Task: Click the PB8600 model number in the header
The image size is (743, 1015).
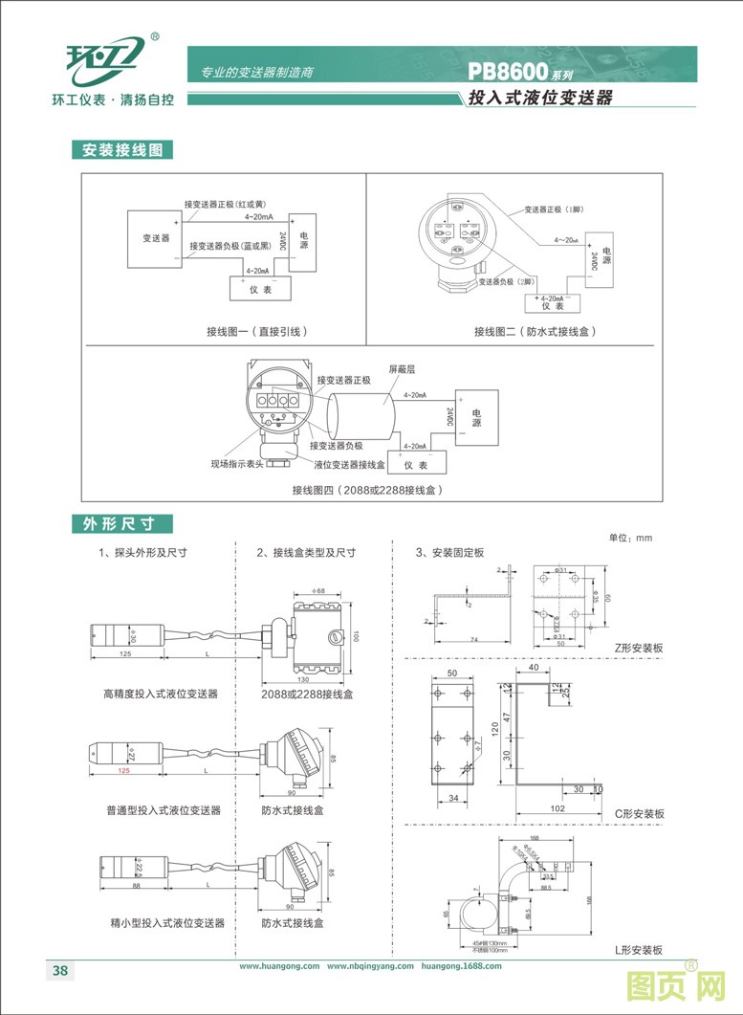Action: tap(507, 71)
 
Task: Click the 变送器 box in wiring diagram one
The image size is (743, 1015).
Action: tap(156, 238)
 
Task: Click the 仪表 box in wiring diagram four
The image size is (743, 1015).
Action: tap(414, 465)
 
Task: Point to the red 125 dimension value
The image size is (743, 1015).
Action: tap(123, 770)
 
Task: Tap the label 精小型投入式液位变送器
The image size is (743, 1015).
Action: tap(166, 923)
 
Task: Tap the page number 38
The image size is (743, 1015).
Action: tap(59, 971)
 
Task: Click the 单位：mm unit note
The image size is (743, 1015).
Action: tap(629, 539)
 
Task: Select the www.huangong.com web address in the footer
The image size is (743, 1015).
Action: tap(279, 966)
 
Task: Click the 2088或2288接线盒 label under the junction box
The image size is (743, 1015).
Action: tap(307, 694)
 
